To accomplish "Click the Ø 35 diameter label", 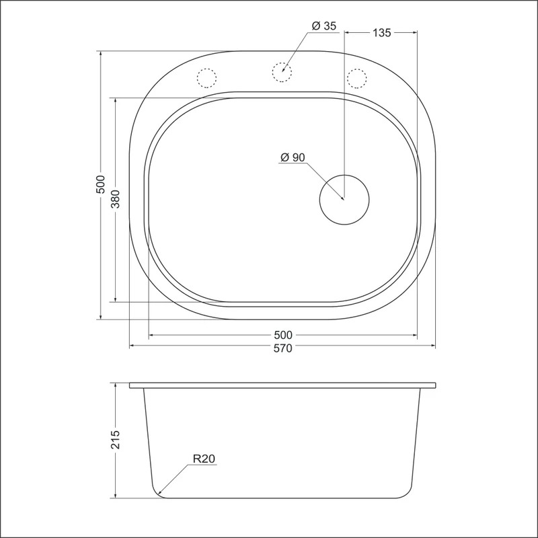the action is point(324,26).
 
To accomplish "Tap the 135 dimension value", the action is point(381,32).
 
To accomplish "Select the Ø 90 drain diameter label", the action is point(293,157).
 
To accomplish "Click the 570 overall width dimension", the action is point(282,348).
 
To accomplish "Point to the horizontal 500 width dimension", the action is point(282,334).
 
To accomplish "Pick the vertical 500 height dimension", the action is point(100,184).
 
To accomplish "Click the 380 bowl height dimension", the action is point(116,199).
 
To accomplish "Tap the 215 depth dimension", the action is point(116,440).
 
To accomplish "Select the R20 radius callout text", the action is point(204,459).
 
